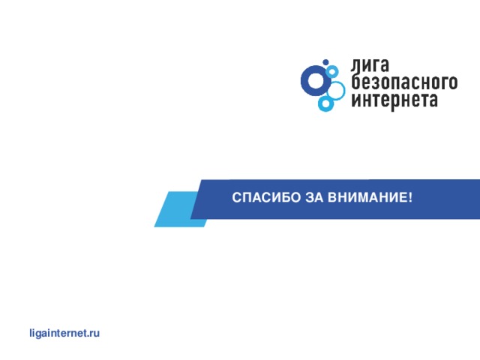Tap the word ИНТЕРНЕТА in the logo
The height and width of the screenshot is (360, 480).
point(394,99)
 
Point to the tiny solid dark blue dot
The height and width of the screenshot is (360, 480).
point(325,61)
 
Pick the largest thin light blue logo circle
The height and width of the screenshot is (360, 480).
point(336,90)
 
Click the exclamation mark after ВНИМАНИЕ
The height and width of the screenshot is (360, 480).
point(410,198)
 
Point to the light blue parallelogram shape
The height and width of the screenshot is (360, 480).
point(177,208)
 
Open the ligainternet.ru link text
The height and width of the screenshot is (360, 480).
point(63,331)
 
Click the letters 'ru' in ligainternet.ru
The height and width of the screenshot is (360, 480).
point(94,331)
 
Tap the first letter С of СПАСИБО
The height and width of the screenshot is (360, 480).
point(236,198)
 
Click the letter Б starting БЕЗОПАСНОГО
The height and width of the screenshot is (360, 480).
point(356,82)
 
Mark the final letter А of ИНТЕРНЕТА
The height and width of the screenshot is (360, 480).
point(432,99)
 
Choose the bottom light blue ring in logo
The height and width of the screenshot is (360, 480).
point(325,104)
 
